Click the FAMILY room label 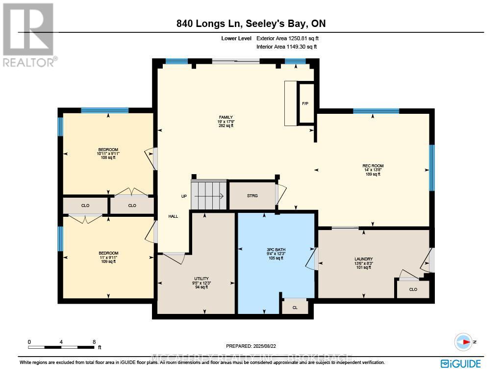click(x=226, y=121)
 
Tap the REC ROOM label click(x=373, y=169)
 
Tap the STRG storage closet click(x=251, y=196)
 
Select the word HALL click(x=173, y=216)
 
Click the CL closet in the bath click(x=295, y=307)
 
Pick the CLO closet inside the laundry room click(x=413, y=289)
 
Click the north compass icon click(x=463, y=341)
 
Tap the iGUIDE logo click(x=460, y=363)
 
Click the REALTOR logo click(x=29, y=35)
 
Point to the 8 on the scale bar click(x=93, y=341)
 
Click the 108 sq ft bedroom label click(x=108, y=154)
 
